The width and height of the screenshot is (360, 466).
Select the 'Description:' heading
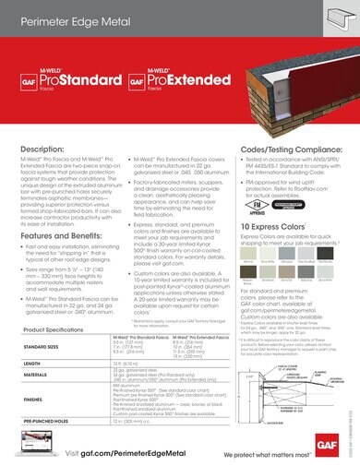coord(45,149)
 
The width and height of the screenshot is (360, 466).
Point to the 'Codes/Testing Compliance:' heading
coord(289,148)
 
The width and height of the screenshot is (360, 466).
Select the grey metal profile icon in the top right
coord(331,18)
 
